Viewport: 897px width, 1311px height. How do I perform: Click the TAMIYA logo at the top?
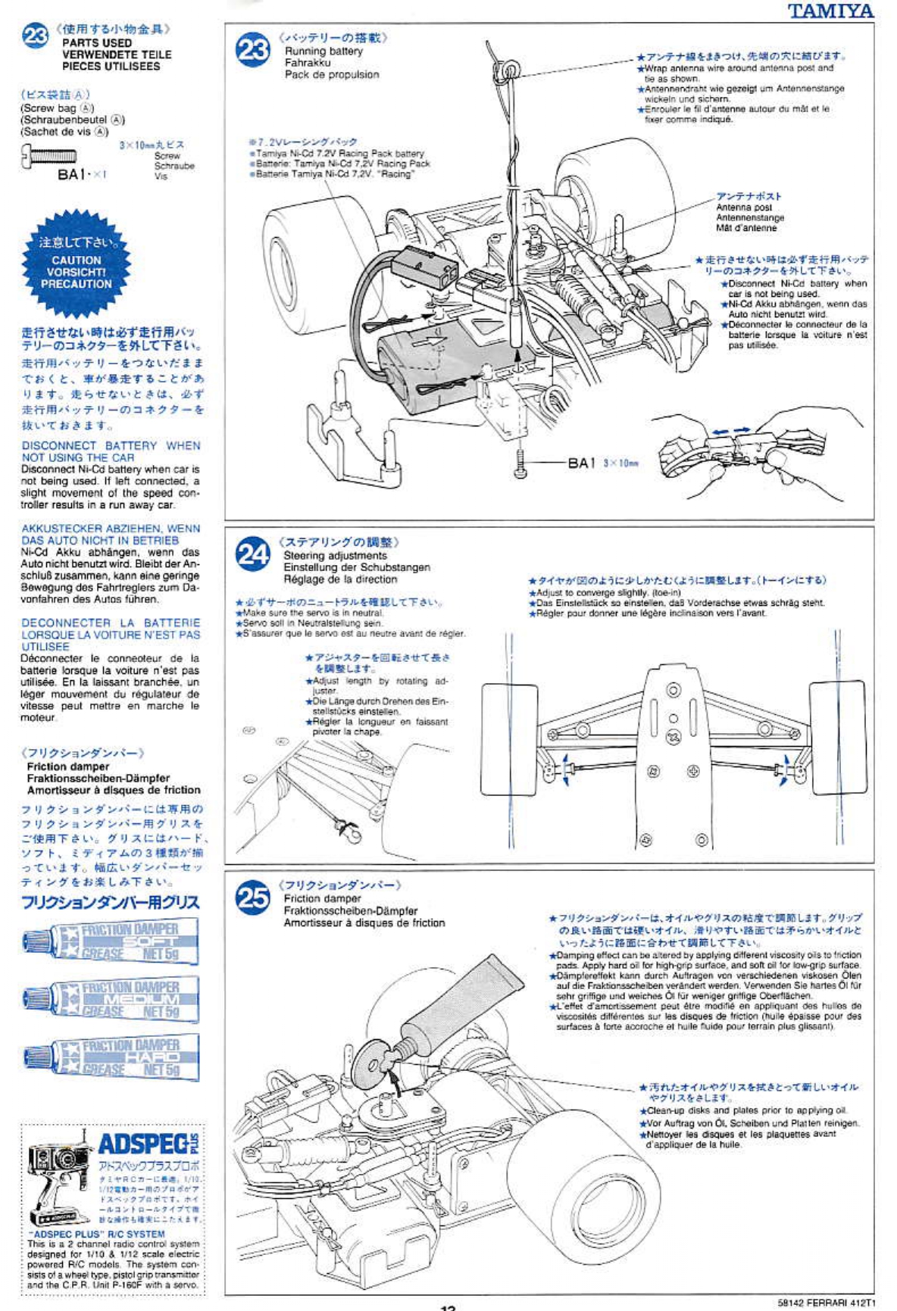click(830, 11)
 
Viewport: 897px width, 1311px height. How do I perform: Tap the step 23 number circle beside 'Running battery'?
click(253, 50)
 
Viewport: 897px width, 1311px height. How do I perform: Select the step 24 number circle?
click(252, 554)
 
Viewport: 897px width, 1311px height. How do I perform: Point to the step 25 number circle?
click(252, 897)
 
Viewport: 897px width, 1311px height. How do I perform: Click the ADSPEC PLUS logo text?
click(148, 1144)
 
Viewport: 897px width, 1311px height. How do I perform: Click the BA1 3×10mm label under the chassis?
click(602, 463)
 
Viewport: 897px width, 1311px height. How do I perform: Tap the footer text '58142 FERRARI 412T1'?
click(826, 1303)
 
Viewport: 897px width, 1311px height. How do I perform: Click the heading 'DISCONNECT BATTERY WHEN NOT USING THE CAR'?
click(111, 451)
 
